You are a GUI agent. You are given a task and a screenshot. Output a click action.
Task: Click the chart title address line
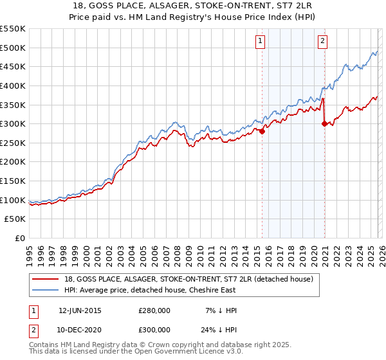[192, 5]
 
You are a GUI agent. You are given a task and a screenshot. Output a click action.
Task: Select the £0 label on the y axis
[21, 239]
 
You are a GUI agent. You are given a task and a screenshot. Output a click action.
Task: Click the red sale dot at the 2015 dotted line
[262, 131]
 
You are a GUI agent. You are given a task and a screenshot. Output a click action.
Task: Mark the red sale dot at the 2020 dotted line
[324, 123]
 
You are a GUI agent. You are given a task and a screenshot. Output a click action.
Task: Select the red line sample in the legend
[46, 279]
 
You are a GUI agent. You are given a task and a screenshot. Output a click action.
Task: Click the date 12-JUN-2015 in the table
[80, 310]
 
